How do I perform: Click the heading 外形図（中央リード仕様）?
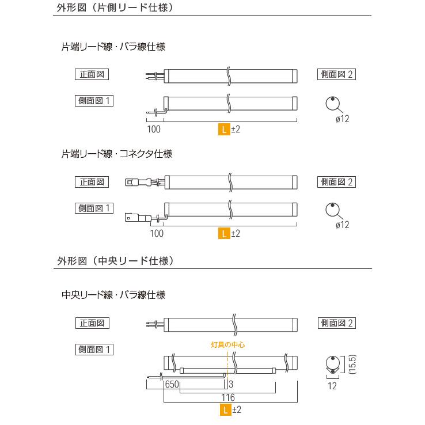[116, 261]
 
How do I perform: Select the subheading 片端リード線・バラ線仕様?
[113, 47]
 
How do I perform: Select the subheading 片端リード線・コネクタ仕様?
[117, 154]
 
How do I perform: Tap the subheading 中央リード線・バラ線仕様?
[113, 295]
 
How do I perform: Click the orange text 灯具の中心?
[229, 344]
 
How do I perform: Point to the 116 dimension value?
[229, 398]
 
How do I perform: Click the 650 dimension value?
[171, 384]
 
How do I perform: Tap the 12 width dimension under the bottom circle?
[332, 386]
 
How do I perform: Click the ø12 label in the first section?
[342, 119]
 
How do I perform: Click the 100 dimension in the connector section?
[156, 233]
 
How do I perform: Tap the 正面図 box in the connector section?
[92, 181]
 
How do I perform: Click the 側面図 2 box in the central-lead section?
[336, 323]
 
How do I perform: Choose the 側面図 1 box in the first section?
[94, 100]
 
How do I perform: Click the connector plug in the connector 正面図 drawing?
[133, 183]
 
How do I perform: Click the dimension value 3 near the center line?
[230, 384]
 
